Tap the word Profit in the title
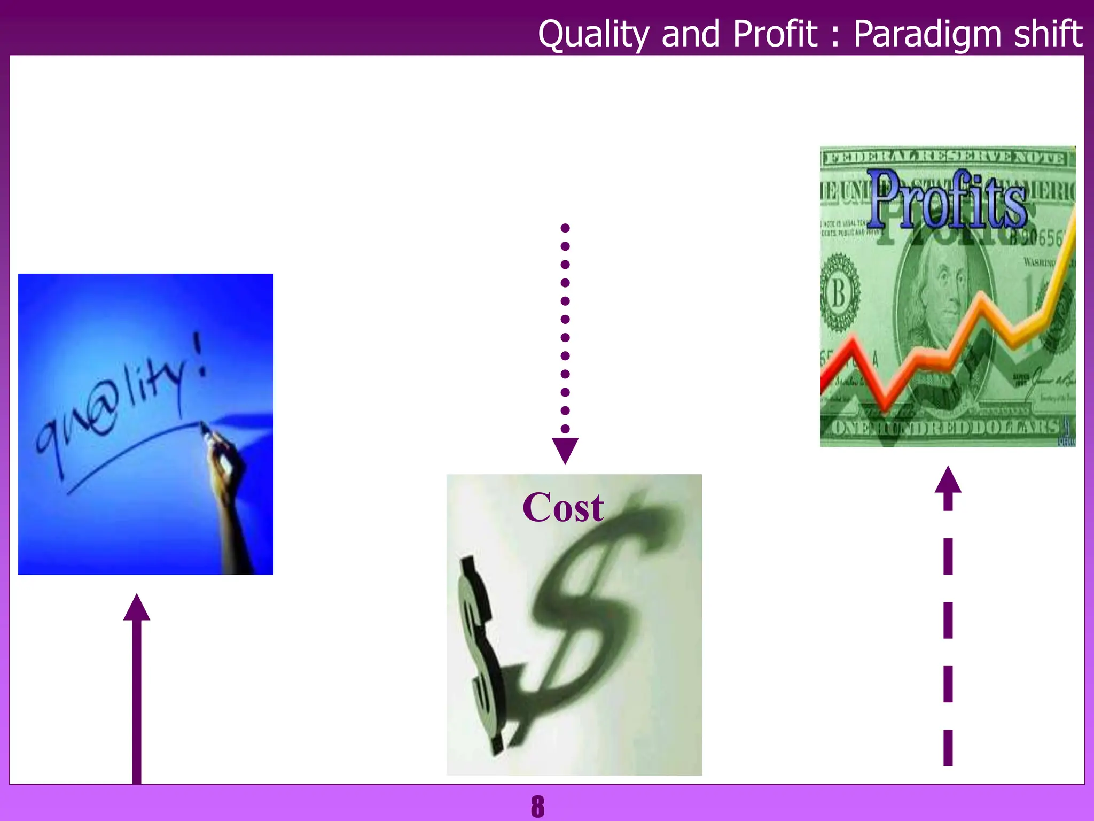tap(774, 34)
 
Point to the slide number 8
tap(537, 806)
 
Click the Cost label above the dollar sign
tap(563, 507)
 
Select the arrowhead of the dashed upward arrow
tap(948, 480)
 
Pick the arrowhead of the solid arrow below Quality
tap(137, 608)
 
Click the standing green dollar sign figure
tap(480, 652)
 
